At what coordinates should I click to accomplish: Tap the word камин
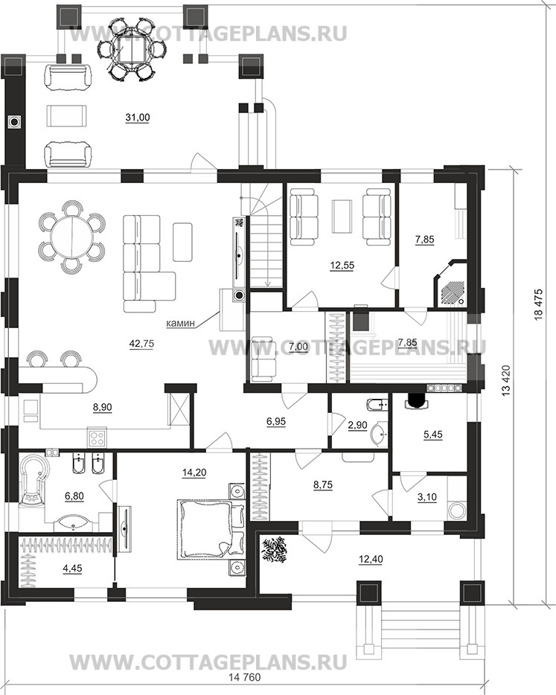point(180,323)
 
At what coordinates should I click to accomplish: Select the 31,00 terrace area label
point(138,118)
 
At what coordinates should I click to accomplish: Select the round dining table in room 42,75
point(71,236)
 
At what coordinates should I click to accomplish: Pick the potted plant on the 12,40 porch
point(274,550)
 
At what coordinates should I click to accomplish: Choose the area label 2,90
point(357,425)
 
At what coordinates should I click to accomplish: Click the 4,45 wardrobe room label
point(73,569)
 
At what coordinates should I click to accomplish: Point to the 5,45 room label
point(432,435)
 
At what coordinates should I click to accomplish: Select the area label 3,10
point(427,497)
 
